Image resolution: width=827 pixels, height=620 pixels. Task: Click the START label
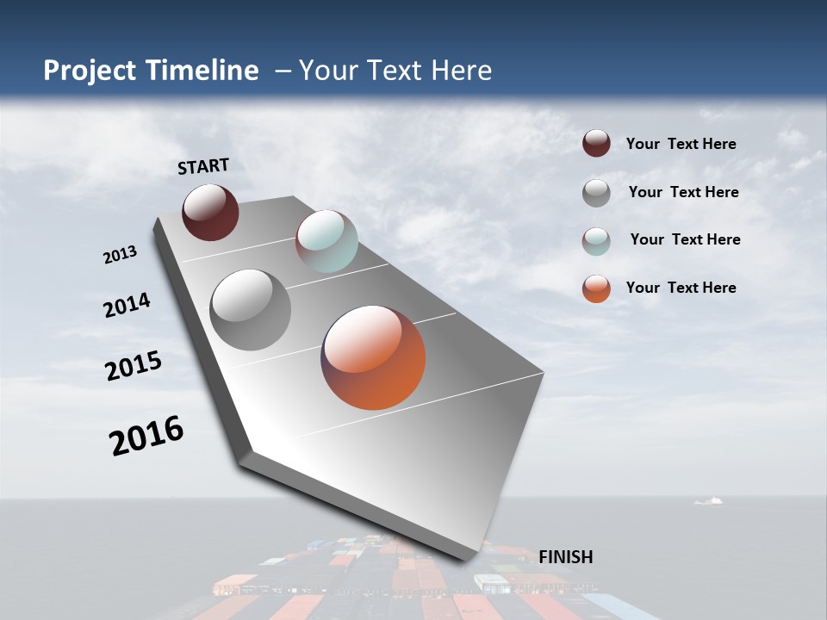pyautogui.click(x=203, y=166)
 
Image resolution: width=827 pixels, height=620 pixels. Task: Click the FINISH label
pyautogui.click(x=565, y=557)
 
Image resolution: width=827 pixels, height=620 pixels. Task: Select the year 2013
pyautogui.click(x=121, y=255)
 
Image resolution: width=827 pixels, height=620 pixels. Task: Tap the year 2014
pyautogui.click(x=127, y=306)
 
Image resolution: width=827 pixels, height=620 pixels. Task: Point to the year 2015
pyautogui.click(x=134, y=366)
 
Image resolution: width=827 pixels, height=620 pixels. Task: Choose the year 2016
pyautogui.click(x=146, y=436)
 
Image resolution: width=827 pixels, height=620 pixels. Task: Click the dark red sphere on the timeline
pyautogui.click(x=210, y=212)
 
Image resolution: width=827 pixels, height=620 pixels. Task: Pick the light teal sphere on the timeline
pyautogui.click(x=326, y=241)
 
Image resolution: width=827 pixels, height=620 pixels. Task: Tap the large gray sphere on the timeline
pyautogui.click(x=250, y=310)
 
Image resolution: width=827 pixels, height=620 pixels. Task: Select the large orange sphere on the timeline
pyautogui.click(x=373, y=357)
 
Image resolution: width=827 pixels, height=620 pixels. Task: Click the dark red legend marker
pyautogui.click(x=596, y=144)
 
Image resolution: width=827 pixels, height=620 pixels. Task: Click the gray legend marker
pyautogui.click(x=596, y=193)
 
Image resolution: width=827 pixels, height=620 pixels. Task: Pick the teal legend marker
pyautogui.click(x=596, y=240)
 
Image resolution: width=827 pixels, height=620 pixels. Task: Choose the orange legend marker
pyautogui.click(x=596, y=288)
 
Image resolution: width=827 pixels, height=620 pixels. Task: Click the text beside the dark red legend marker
pyautogui.click(x=681, y=145)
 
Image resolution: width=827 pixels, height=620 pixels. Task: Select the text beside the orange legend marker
pyautogui.click(x=681, y=288)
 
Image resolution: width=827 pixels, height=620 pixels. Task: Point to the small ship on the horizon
pyautogui.click(x=708, y=501)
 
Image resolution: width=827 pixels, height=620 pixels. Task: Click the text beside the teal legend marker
pyautogui.click(x=685, y=239)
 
